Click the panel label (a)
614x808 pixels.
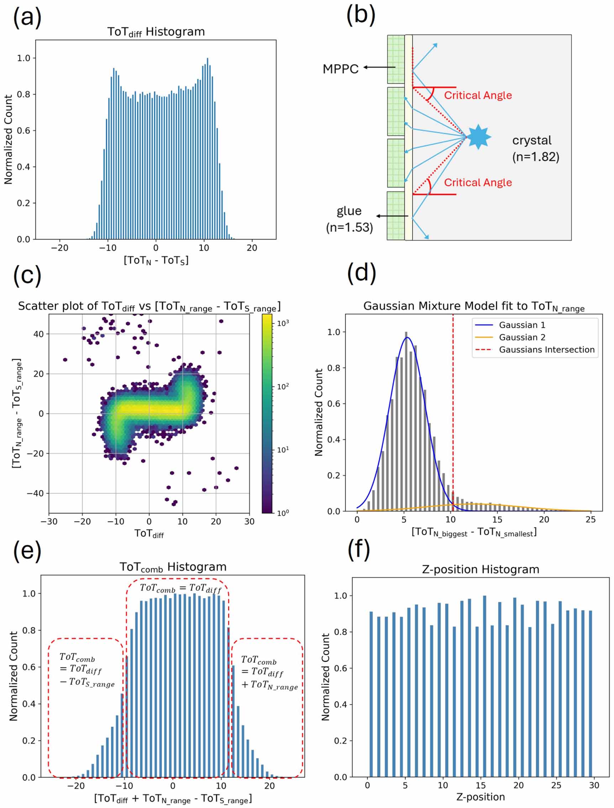pos(27,17)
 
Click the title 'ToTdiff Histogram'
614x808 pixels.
pos(156,32)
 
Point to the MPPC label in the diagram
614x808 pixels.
pos(340,69)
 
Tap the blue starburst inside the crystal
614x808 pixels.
pos(478,137)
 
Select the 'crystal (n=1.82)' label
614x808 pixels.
pos(535,148)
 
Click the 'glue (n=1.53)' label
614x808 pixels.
pos(349,219)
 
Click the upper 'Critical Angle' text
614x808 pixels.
pos(478,95)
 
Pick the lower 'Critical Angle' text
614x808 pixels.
pos(478,182)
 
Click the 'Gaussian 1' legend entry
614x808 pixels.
pos(521,325)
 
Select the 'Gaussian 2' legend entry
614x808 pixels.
pos(521,337)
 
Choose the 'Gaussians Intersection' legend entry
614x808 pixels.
pos(546,350)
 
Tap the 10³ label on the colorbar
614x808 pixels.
pos(283,323)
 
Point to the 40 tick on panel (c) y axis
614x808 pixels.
pos(38,334)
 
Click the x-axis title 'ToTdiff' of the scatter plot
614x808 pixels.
pos(149,534)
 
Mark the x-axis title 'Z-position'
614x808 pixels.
pos(480,797)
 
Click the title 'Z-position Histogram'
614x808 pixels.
pos(480,569)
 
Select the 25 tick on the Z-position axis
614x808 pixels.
pos(556,785)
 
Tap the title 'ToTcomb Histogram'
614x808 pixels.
pos(173,567)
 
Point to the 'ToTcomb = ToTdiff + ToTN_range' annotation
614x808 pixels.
pos(269,673)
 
